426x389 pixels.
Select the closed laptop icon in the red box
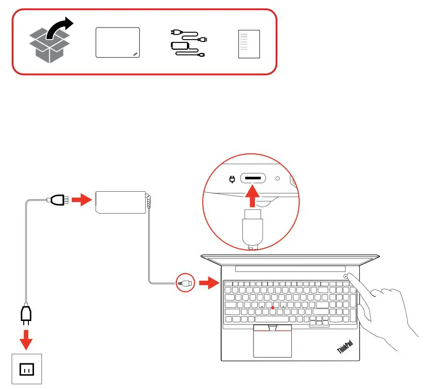117,42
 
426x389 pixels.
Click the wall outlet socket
27,370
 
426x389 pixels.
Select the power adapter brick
121,202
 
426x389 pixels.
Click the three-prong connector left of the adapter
57,201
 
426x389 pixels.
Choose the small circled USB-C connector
184,283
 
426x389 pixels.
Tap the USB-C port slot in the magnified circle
253,179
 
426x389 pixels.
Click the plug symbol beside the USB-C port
231,179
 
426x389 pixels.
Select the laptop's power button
346,276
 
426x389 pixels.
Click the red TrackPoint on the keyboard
272,308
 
